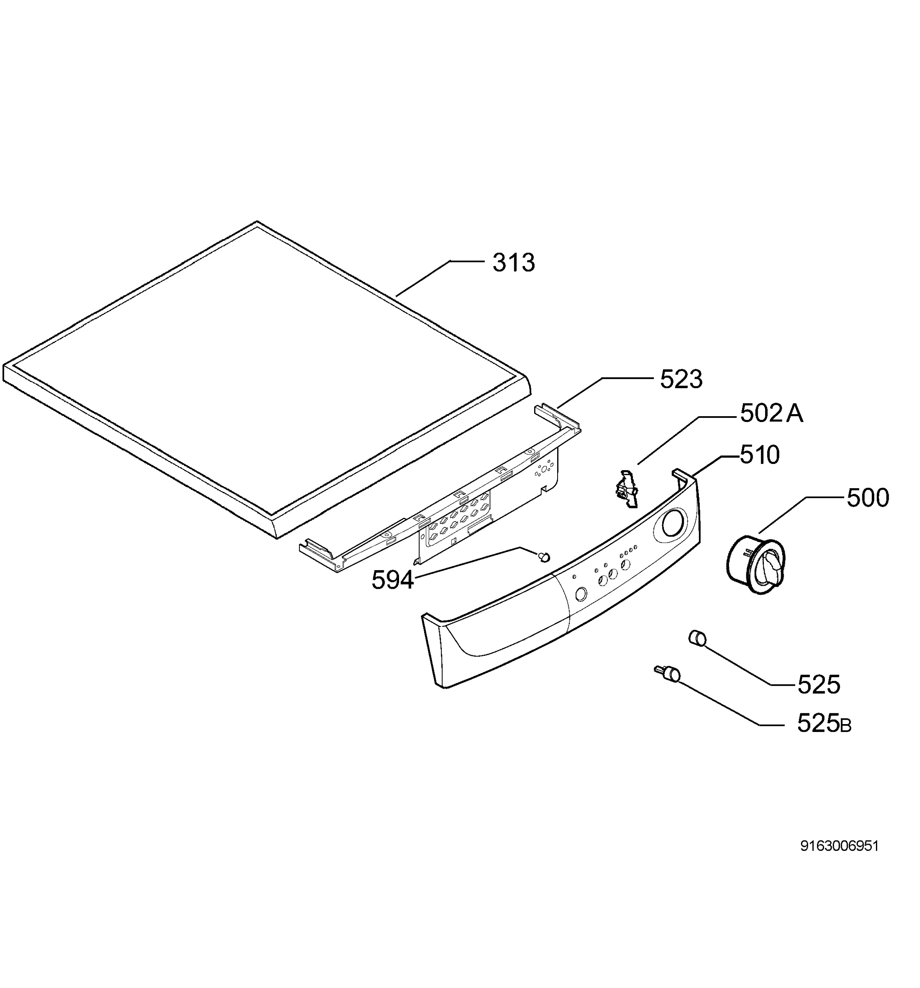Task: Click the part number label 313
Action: (x=513, y=262)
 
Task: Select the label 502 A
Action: (x=771, y=413)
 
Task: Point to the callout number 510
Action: (x=759, y=455)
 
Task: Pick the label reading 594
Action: (x=392, y=580)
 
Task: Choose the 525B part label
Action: (x=824, y=723)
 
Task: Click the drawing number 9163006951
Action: (x=839, y=846)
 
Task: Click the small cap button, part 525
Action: (x=697, y=637)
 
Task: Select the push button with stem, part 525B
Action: (x=668, y=673)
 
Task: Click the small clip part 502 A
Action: (x=627, y=489)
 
